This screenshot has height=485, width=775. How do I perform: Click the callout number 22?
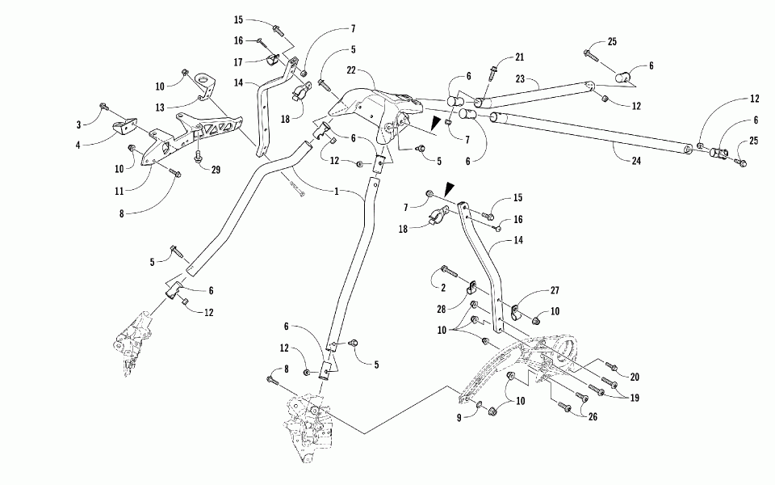351,70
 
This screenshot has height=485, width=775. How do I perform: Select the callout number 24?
636,160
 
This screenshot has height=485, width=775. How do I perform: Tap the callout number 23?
519,78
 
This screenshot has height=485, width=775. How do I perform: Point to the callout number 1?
337,191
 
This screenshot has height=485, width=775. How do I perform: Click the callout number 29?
216,170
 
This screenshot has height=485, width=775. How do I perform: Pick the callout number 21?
519,57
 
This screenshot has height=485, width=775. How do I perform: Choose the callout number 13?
160,108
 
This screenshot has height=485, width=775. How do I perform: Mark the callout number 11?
119,191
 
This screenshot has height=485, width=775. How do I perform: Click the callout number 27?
555,290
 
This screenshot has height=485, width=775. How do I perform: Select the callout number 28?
442,309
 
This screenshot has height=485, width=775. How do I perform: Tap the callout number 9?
459,418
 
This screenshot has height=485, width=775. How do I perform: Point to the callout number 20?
635,377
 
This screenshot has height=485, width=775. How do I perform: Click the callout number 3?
78,124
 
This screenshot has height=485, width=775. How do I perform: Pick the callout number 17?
238,62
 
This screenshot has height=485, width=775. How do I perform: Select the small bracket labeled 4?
124,127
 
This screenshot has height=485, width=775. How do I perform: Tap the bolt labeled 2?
449,271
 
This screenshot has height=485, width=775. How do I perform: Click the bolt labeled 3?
104,106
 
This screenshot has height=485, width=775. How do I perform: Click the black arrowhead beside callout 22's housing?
434,123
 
